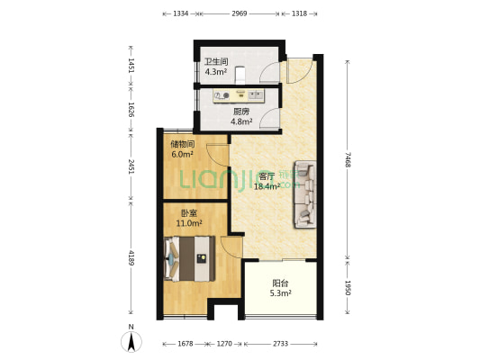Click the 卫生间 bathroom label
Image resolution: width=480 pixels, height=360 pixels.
coord(216,61)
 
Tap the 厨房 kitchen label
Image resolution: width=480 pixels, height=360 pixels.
coord(241,112)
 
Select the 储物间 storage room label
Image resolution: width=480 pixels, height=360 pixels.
coord(183,144)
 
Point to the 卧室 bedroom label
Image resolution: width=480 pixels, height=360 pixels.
coord(189,213)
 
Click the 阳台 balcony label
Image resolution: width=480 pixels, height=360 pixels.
coord(280,283)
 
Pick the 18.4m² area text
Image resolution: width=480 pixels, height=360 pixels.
coord(267,186)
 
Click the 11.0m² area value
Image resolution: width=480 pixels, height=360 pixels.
coord(189,223)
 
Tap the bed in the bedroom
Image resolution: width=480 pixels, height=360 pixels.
coord(189,258)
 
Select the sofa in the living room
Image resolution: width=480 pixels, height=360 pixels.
coord(305,194)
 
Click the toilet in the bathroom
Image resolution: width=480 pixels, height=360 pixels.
coord(240,75)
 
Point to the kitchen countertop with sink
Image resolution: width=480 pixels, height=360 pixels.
coord(238,95)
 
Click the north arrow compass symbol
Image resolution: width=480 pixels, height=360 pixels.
coord(131,341)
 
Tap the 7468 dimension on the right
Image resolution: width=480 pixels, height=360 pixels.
coord(348,159)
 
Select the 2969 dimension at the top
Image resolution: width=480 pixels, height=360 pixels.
coord(239,13)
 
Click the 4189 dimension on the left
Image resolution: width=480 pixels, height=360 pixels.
coord(131,257)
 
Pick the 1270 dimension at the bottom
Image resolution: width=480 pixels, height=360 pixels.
coord(224,344)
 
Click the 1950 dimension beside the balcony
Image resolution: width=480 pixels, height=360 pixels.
coord(348,287)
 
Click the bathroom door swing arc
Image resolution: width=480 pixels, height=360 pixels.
coord(268,72)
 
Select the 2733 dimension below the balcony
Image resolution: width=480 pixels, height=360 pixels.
coord(280,344)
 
